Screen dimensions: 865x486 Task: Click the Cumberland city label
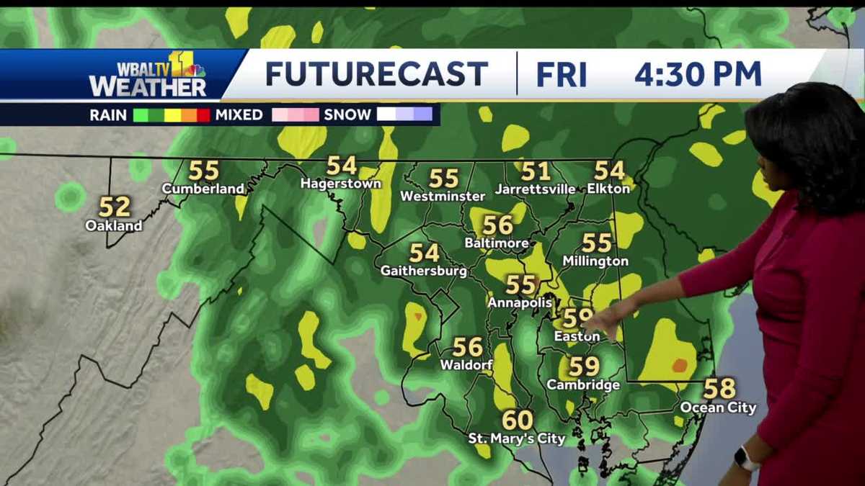[x=203, y=189]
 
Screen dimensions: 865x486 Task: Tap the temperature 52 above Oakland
[x=115, y=207]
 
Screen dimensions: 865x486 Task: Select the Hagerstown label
[x=341, y=184]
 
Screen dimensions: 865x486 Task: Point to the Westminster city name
[x=443, y=196]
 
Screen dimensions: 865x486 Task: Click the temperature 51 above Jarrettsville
[x=536, y=171]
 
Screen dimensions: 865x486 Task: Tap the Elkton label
[x=609, y=189]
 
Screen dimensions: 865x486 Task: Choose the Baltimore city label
[x=497, y=243]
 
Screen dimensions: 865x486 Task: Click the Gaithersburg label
[x=424, y=271]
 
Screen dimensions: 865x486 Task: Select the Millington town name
[x=595, y=261]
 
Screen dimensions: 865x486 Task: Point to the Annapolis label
[x=520, y=302]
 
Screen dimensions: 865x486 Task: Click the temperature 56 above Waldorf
[x=468, y=347]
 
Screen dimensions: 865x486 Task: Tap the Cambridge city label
[x=583, y=385]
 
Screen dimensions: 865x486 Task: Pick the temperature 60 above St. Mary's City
[x=518, y=420]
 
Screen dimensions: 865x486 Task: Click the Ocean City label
[x=719, y=408]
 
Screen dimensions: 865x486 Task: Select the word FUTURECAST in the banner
[x=376, y=74]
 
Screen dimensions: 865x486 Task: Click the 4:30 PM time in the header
[x=698, y=74]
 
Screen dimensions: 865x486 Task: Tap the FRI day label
[x=562, y=74]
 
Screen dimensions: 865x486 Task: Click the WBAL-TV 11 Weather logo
[x=148, y=75]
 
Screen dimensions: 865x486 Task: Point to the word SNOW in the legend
[x=347, y=114]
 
